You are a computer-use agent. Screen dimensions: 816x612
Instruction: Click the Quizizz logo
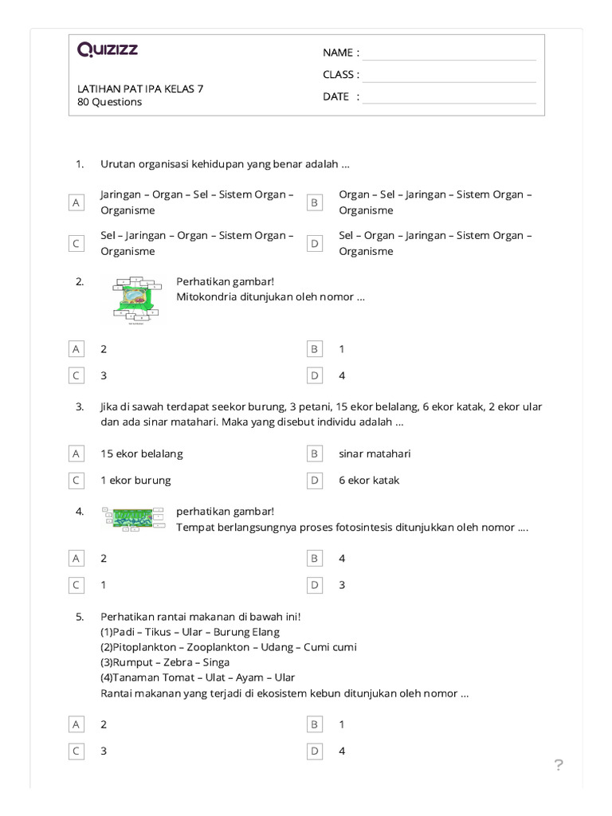point(108,50)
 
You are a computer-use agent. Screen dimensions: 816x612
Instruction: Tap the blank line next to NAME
point(449,53)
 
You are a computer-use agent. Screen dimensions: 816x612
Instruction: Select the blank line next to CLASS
point(449,76)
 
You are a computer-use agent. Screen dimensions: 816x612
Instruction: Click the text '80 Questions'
point(110,102)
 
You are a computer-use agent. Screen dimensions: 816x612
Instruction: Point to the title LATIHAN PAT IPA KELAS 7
point(140,88)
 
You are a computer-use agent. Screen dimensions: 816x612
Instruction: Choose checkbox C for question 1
point(76,244)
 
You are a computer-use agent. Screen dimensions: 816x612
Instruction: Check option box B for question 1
point(315,203)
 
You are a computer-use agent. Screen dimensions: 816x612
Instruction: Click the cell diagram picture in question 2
point(137,300)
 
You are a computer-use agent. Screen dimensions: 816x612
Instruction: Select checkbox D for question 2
point(315,375)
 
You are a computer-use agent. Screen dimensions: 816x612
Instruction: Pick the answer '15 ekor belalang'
point(142,453)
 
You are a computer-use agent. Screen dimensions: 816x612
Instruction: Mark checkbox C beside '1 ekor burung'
point(76,481)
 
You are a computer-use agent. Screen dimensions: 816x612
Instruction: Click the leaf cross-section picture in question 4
point(134,518)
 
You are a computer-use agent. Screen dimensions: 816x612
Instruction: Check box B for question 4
point(315,559)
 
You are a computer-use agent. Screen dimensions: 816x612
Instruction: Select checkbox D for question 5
point(315,751)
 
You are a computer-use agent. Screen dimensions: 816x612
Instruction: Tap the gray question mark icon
point(559,766)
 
